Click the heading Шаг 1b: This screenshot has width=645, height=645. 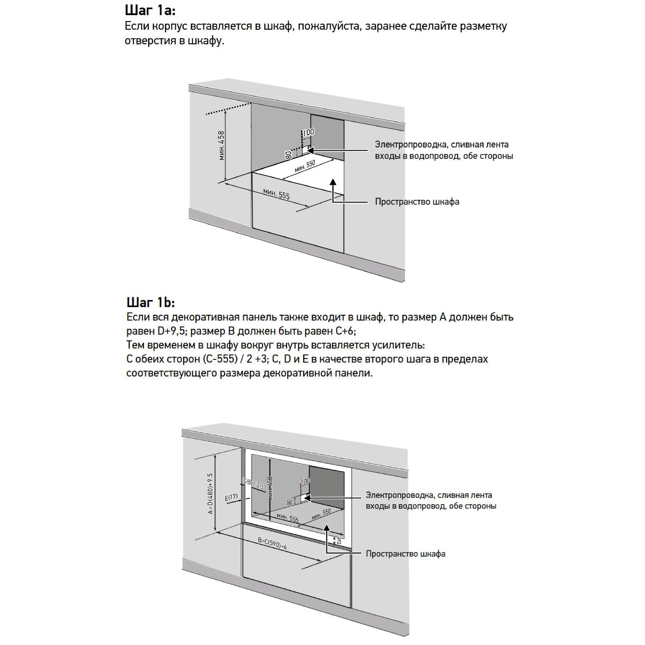pos(151,302)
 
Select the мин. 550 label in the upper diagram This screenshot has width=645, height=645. pos(305,166)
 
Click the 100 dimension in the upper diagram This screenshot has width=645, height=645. pos(308,132)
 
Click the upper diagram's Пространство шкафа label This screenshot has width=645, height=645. pos(417,202)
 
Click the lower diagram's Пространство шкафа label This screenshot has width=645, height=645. pos(405,554)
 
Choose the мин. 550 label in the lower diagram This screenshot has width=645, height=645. pos(321,514)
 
